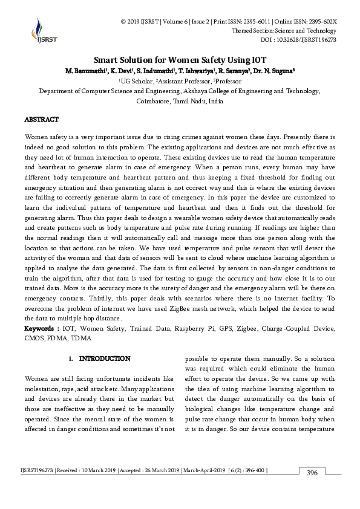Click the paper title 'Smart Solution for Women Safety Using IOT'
(180, 60)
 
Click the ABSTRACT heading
(41, 120)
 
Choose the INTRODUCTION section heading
(104, 358)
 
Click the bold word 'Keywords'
(41, 328)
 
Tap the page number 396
(312, 472)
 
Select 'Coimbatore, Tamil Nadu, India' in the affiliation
(180, 102)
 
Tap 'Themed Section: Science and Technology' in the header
(284, 31)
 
